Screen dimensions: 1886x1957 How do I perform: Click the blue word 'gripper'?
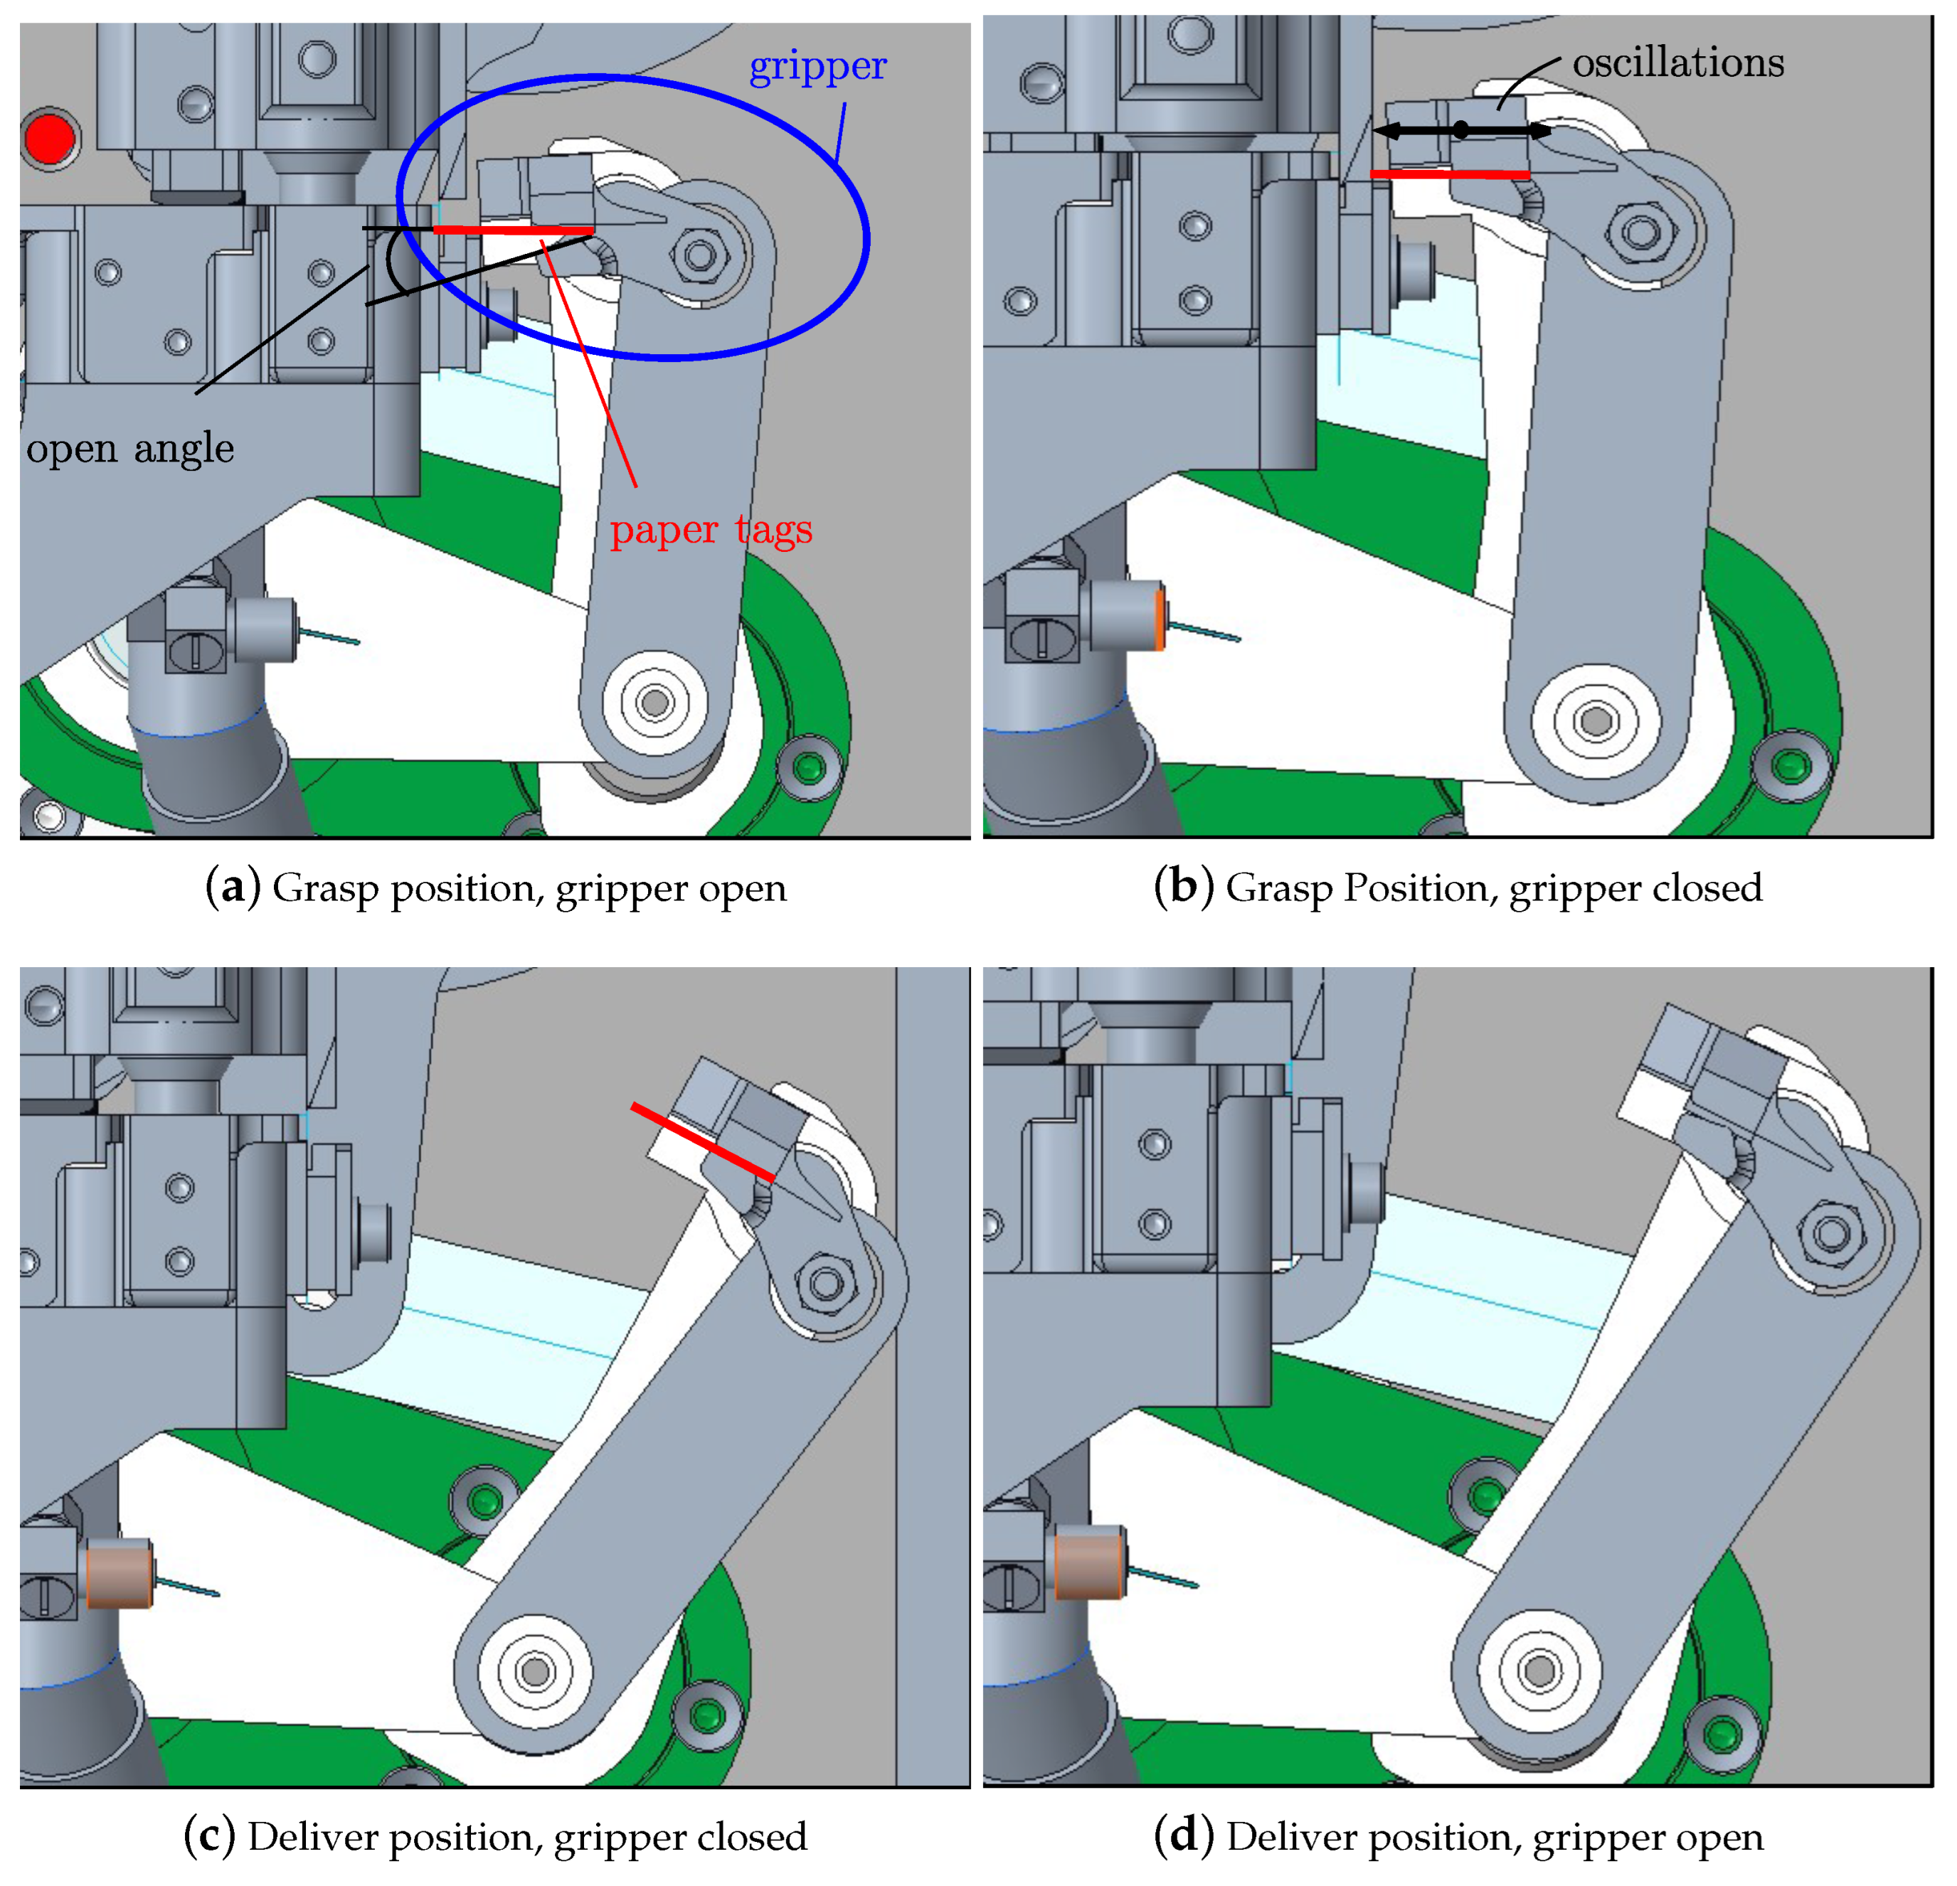pos(818,68)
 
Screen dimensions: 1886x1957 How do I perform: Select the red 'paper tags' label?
pos(711,530)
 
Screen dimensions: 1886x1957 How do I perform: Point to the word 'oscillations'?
pos(1677,63)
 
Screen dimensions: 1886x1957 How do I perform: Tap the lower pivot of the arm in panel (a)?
pos(655,703)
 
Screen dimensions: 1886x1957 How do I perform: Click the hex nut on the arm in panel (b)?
pos(1640,233)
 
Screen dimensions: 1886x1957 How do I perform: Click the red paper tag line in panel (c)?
pos(702,1141)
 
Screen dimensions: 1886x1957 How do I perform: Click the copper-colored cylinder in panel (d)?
pos(1089,1562)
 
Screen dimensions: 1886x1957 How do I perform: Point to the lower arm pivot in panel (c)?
pos(536,1671)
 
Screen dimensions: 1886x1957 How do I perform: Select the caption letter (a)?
pos(233,888)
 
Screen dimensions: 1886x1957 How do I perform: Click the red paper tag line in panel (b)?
pos(1450,174)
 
